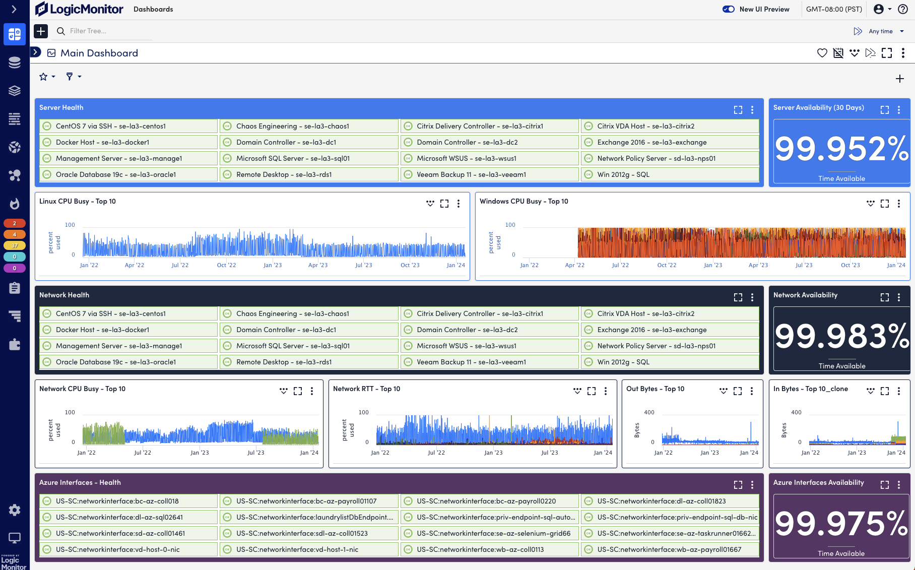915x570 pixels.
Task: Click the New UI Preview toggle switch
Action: click(x=728, y=9)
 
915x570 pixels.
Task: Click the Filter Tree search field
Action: click(x=106, y=31)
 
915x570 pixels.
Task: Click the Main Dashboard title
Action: click(x=99, y=53)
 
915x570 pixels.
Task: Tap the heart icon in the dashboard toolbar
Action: click(x=822, y=53)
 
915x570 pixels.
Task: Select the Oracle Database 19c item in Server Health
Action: click(x=116, y=175)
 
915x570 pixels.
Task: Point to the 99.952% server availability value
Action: click(x=841, y=149)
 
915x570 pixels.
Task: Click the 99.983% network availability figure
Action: click(x=841, y=337)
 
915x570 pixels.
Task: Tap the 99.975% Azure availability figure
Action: click(x=841, y=524)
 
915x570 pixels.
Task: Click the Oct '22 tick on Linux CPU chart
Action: click(x=226, y=265)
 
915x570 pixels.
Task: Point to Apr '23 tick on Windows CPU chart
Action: click(x=758, y=265)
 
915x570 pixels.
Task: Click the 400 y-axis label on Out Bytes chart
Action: click(x=649, y=412)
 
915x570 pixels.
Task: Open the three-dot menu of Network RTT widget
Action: click(x=606, y=391)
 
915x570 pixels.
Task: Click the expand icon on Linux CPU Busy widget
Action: click(x=444, y=204)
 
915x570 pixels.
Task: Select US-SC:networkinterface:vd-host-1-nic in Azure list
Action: click(x=297, y=550)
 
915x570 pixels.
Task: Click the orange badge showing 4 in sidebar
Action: click(x=15, y=234)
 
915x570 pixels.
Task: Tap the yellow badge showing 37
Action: click(x=15, y=245)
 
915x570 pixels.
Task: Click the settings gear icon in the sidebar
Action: click(x=15, y=510)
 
